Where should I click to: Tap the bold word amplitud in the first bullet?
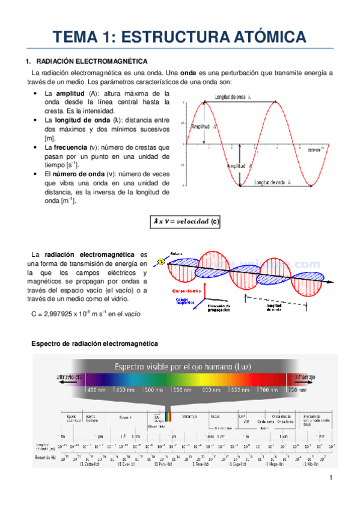click(70, 94)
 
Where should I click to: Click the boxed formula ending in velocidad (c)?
click(186, 222)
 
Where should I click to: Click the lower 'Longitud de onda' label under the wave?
click(272, 182)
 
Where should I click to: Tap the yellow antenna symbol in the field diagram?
click(160, 262)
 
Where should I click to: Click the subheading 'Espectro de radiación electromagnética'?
click(94, 343)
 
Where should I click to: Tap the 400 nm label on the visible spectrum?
click(97, 390)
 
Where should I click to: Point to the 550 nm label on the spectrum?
click(183, 390)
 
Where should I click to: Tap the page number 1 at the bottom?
click(331, 478)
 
